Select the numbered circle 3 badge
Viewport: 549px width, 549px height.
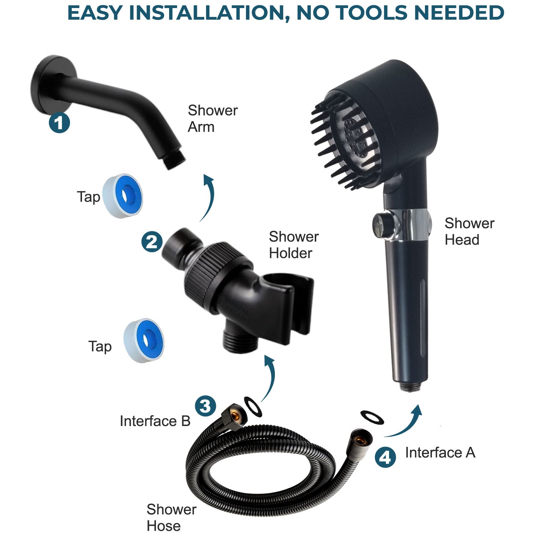tap(205, 406)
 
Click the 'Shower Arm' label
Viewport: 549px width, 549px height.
tap(212, 119)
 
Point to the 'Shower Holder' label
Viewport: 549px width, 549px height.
tap(294, 245)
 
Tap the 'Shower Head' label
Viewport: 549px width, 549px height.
tap(469, 231)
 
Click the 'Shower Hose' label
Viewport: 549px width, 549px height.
tap(171, 518)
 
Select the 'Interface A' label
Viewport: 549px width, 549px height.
tap(440, 453)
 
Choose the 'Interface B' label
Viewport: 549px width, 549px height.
tap(155, 421)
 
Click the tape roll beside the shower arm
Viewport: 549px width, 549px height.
tap(123, 196)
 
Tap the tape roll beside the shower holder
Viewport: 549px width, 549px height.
tap(143, 340)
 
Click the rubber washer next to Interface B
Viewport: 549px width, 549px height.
tap(253, 406)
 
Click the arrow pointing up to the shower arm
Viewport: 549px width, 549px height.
tap(208, 198)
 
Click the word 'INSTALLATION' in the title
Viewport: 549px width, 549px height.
tap(207, 13)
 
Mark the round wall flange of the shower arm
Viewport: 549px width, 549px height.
tap(49, 85)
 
